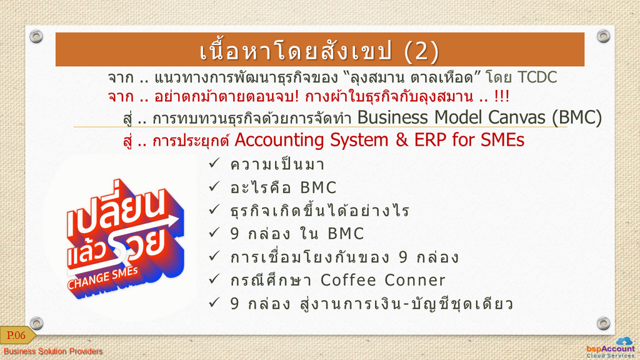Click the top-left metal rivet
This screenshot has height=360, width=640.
point(36,36)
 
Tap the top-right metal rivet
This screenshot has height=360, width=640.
point(603,36)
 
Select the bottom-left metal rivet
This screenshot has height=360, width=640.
point(36,323)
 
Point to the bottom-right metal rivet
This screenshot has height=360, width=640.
point(603,323)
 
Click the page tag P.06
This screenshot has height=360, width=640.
point(17,336)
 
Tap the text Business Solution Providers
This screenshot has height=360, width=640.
point(53,351)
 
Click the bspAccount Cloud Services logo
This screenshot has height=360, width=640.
point(611,347)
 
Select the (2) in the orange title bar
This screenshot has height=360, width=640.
point(421,51)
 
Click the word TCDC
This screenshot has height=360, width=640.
point(537,77)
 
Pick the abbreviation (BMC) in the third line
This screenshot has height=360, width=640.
point(576,117)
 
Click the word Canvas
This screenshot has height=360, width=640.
point(517,117)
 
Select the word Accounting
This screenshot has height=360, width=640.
point(279,141)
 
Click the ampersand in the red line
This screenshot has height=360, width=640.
point(402,140)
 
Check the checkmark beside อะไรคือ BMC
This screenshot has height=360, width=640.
point(214,186)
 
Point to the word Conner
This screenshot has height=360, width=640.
point(415,280)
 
